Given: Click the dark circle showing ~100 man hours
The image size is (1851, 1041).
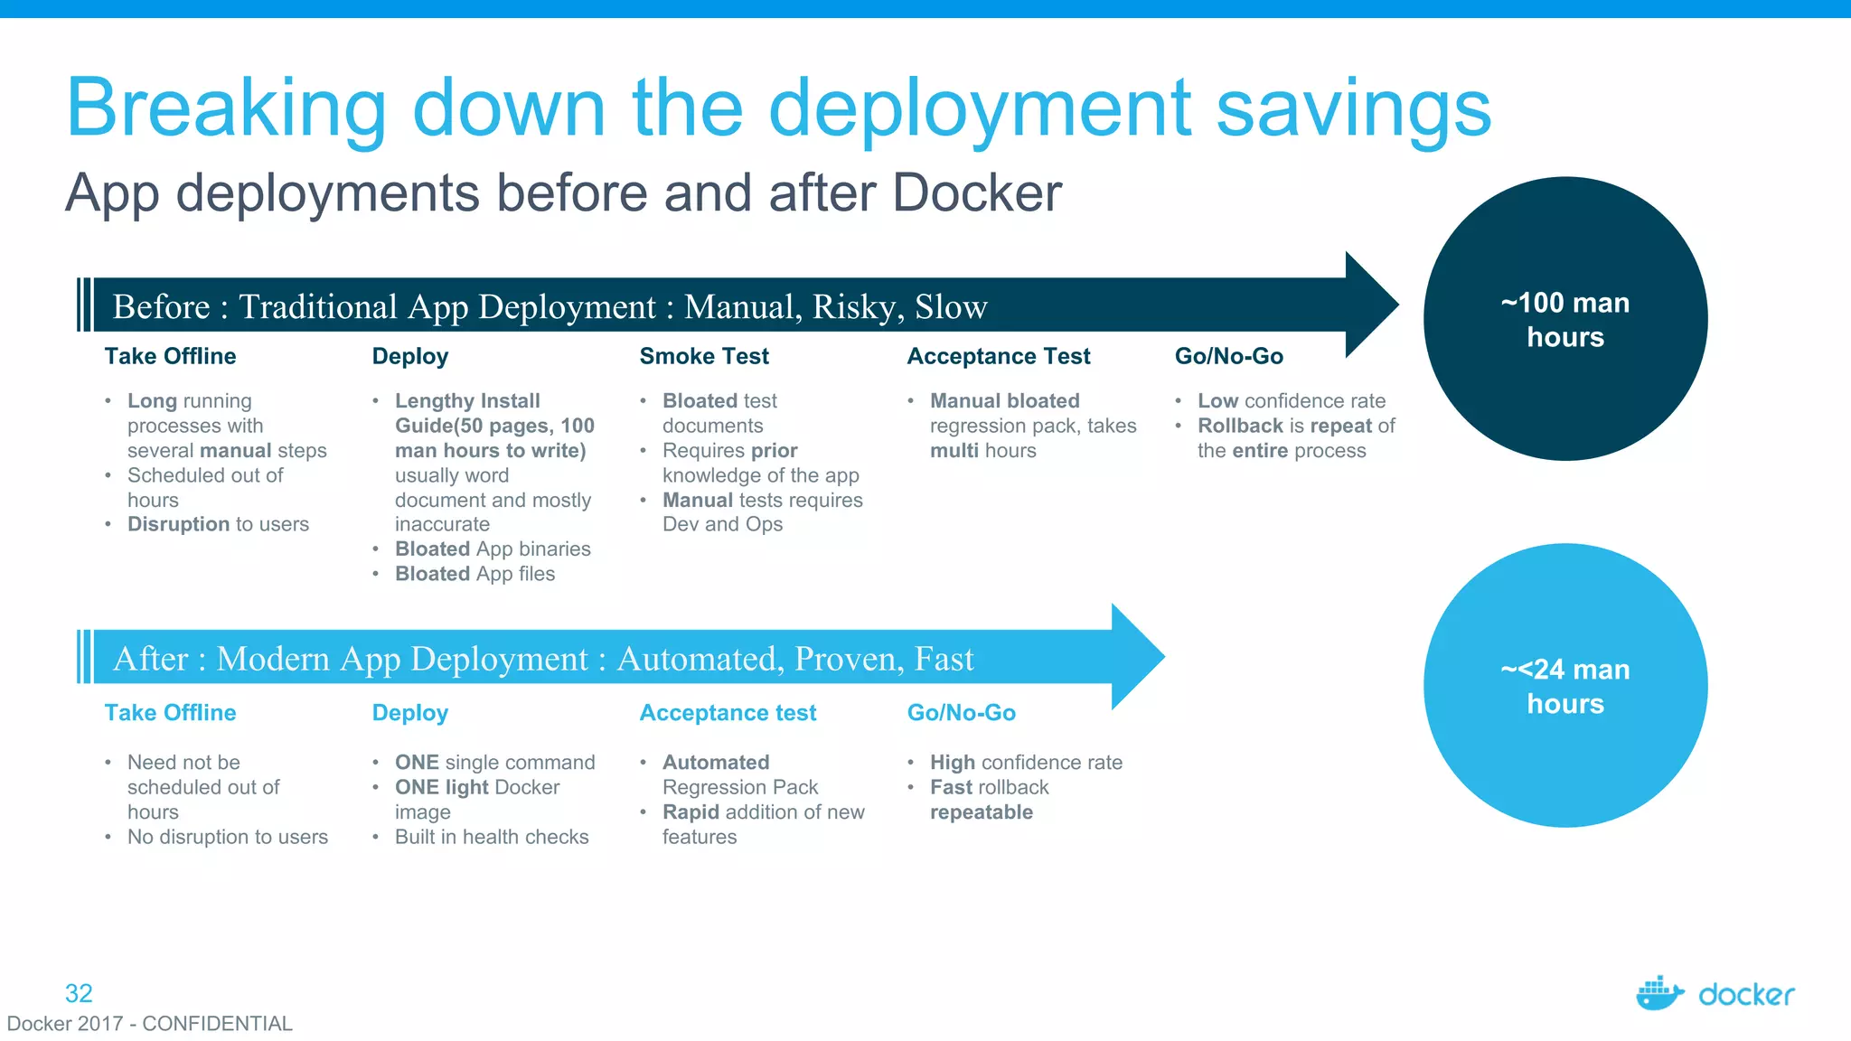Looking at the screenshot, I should tap(1564, 319).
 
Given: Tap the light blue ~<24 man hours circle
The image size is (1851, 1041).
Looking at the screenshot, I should tap(1564, 685).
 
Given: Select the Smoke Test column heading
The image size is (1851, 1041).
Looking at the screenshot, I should tap(704, 357).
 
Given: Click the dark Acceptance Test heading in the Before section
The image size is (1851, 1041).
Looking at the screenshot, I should tap(998, 357).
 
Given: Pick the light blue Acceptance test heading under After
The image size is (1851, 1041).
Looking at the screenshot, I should tap(728, 713).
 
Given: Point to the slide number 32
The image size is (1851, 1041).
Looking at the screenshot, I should tap(79, 993).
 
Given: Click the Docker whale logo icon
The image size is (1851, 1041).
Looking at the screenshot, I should tap(1659, 993).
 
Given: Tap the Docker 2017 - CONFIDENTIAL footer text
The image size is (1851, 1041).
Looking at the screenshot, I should tap(150, 1024).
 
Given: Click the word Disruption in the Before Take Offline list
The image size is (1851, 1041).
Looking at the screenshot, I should tap(178, 524).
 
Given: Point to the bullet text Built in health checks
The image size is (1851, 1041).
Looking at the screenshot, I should tap(492, 837).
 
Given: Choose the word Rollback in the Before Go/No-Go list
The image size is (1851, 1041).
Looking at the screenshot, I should tap(1240, 426).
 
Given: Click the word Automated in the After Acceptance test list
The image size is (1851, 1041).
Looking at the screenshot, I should tap(716, 763).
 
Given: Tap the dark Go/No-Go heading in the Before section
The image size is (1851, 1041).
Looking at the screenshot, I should tap(1228, 357).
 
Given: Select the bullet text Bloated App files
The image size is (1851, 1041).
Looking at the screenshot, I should tap(474, 574).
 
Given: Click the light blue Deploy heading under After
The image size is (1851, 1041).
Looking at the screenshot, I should tap(410, 713).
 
